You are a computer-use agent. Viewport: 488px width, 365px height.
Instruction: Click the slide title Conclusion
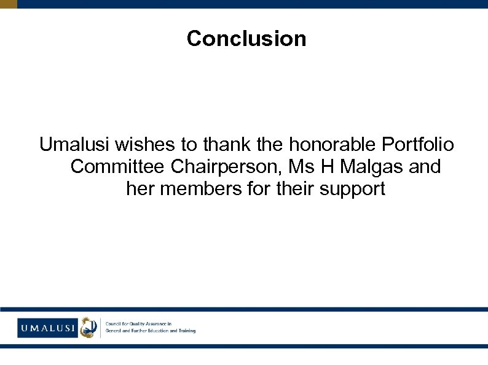(x=246, y=39)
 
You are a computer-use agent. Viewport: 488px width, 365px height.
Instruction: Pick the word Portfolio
(x=418, y=145)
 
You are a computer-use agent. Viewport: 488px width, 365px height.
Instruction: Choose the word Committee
(x=118, y=167)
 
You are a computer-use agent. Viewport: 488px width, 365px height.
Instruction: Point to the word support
(x=352, y=189)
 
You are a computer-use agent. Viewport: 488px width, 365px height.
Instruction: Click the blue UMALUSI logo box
(x=47, y=328)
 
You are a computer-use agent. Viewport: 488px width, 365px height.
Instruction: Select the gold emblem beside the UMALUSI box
(x=89, y=327)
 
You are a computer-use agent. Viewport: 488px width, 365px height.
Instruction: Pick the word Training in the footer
(x=184, y=331)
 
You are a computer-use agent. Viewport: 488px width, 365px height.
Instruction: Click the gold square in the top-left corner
(x=9, y=4)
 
